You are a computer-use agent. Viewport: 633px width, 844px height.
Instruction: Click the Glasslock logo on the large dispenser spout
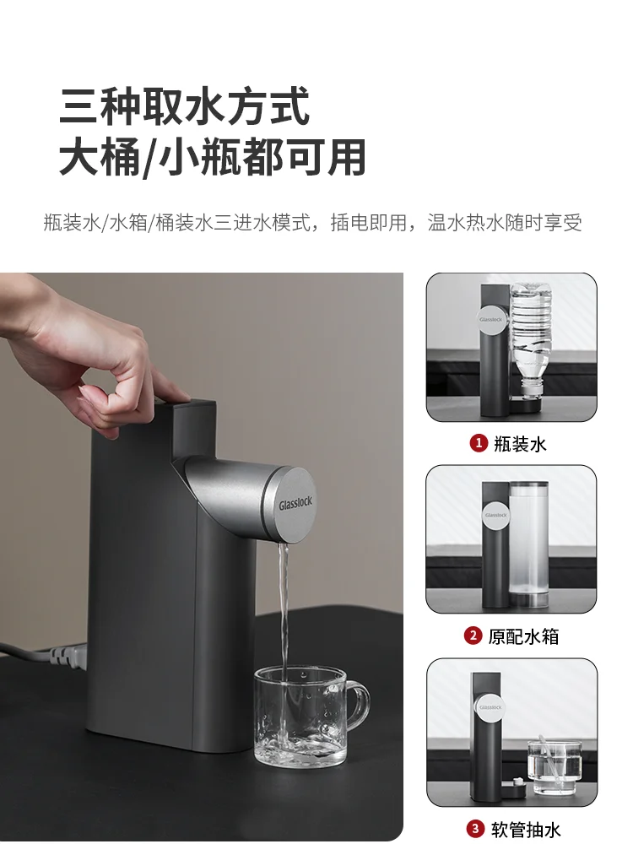pyautogui.click(x=296, y=504)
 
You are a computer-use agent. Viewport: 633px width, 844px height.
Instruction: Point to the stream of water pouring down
pyautogui.click(x=284, y=608)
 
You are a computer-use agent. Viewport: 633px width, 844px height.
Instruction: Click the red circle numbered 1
pyautogui.click(x=479, y=443)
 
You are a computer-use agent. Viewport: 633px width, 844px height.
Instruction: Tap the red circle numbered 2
pyautogui.click(x=473, y=636)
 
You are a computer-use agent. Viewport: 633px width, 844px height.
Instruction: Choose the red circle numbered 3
pyautogui.click(x=476, y=829)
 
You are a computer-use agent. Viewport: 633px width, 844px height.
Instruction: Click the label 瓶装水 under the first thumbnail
pyautogui.click(x=521, y=444)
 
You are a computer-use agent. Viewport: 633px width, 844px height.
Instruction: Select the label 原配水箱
pyautogui.click(x=523, y=636)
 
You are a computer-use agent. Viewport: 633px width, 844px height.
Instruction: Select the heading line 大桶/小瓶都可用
pyautogui.click(x=212, y=157)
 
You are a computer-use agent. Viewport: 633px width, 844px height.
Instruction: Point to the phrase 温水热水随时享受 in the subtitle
pyautogui.click(x=505, y=223)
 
